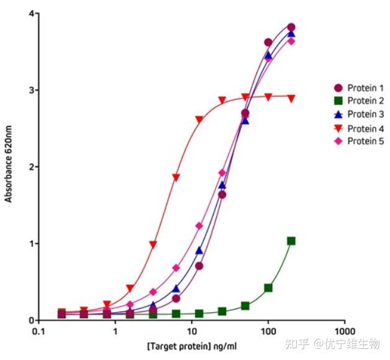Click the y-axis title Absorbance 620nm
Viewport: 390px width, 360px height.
click(x=9, y=167)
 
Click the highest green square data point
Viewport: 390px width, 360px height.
click(x=291, y=241)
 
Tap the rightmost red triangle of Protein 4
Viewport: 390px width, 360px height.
click(x=291, y=98)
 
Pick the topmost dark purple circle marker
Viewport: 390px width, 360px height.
click(x=291, y=27)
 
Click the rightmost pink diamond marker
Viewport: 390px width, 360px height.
click(x=291, y=41)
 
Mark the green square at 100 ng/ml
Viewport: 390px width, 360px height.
click(x=268, y=288)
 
